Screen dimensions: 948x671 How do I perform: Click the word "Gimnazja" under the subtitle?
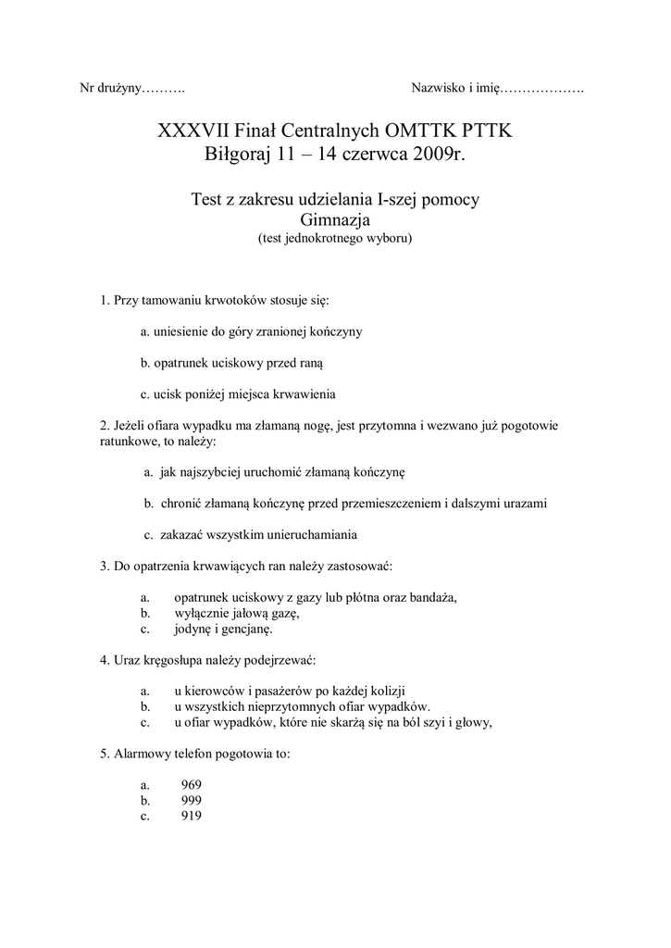point(335,219)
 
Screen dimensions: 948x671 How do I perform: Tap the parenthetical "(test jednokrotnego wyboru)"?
point(335,237)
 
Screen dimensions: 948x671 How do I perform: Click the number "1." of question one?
point(105,301)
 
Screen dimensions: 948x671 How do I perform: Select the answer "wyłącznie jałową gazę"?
point(238,613)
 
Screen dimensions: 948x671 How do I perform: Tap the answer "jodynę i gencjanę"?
point(223,630)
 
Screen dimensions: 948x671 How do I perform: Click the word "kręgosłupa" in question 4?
point(181,660)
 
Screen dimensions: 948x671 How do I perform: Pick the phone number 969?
point(193,784)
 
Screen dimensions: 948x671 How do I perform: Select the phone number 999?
point(193,800)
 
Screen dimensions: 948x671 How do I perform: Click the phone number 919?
point(193,816)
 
